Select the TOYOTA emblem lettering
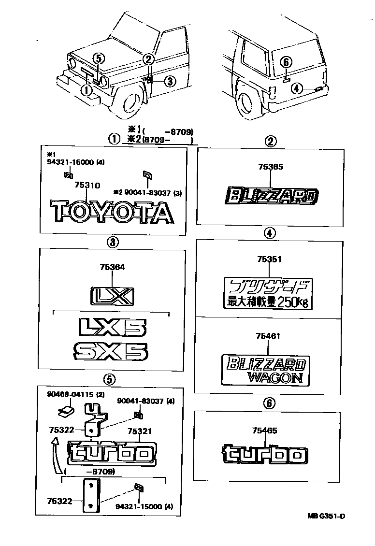coord(112,213)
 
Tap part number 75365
coord(270,167)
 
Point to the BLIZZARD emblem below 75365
coord(273,196)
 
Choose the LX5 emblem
coord(111,327)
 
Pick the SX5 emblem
coord(111,351)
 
